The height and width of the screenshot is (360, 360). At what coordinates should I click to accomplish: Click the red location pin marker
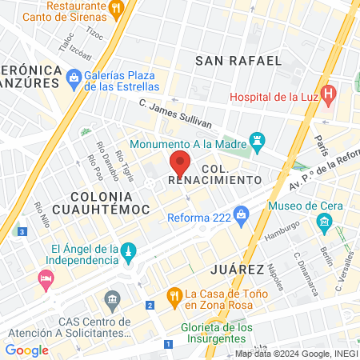(x=180, y=164)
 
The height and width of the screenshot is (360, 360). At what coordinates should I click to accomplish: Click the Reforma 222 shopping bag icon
(x=242, y=214)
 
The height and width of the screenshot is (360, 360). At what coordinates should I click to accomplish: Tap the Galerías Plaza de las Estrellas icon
(x=74, y=77)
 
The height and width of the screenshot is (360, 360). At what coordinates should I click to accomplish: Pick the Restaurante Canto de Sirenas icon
(x=117, y=8)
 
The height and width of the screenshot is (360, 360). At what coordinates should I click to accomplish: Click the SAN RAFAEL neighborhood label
(x=238, y=60)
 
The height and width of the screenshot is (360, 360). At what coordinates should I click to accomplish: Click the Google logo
(x=26, y=350)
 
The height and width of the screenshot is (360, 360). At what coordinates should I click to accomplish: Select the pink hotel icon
(x=46, y=278)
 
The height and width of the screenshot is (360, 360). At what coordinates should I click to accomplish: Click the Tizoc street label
(x=94, y=35)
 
